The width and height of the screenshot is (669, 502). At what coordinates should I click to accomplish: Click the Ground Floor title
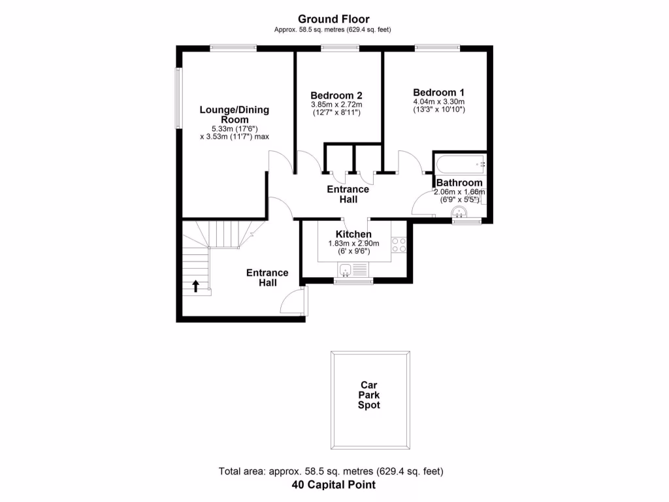[x=334, y=19]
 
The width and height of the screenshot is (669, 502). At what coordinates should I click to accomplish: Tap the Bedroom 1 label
[x=438, y=92]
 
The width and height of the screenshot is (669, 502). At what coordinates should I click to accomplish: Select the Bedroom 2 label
[x=336, y=95]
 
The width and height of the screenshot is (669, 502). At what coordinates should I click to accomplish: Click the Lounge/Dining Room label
[x=234, y=114]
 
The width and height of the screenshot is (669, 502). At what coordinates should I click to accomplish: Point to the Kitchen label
[x=353, y=235]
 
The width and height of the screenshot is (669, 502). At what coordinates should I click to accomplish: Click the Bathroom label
[x=459, y=183]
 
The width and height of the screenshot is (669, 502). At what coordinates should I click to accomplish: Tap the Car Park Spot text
[x=369, y=395]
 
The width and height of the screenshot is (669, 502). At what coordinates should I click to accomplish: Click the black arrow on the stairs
[x=195, y=285]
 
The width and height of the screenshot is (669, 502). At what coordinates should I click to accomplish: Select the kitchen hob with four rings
[x=399, y=245]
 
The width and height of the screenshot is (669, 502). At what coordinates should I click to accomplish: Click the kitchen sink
[x=346, y=269]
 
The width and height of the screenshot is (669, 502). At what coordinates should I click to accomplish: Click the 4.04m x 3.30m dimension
[x=438, y=102]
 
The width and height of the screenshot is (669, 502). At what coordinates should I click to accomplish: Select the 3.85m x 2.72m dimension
[x=336, y=105]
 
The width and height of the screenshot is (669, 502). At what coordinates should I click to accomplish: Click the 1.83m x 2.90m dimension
[x=353, y=244]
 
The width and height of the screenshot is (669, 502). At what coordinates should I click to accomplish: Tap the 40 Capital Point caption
[x=334, y=485]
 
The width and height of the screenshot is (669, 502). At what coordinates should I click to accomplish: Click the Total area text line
[x=334, y=471]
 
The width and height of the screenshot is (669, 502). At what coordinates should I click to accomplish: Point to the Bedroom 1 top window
[x=437, y=47]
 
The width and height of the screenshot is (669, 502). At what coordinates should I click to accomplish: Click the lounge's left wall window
[x=177, y=98]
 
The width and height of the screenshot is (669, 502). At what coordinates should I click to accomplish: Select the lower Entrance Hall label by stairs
[x=267, y=278]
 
